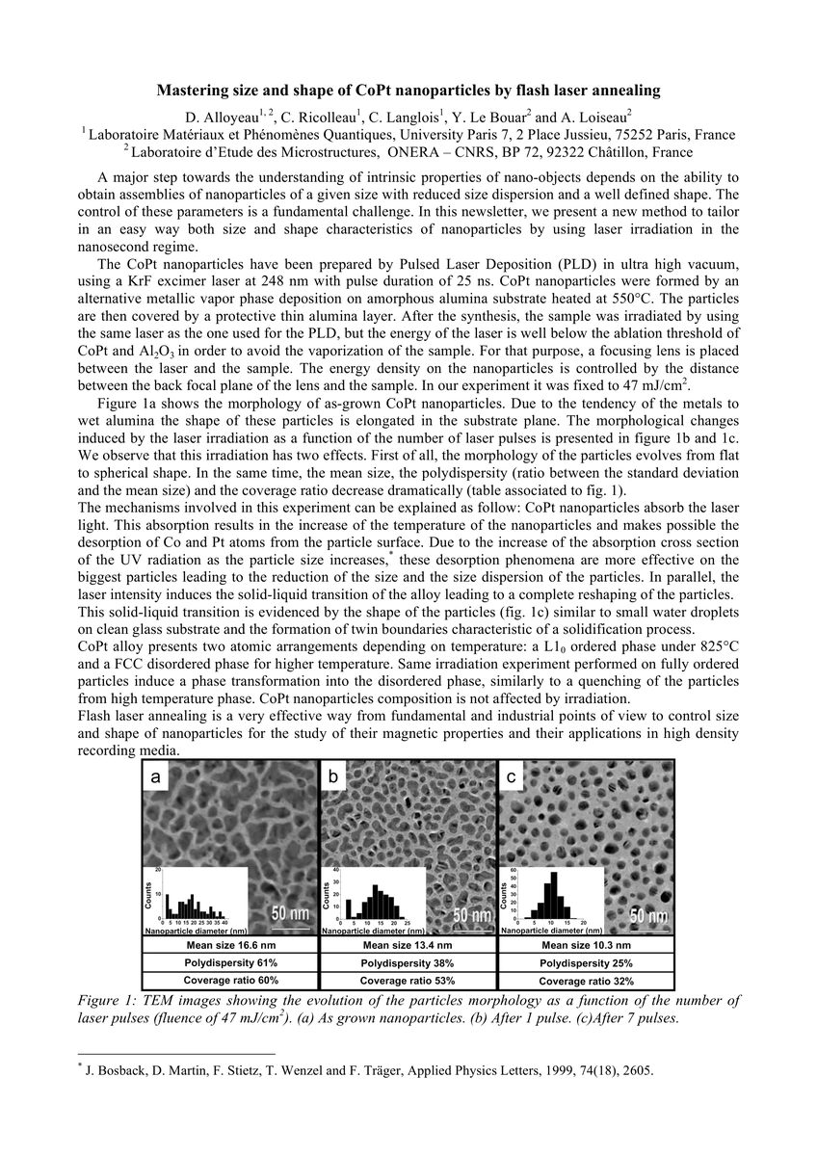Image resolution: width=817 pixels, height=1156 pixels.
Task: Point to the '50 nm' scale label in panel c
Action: click(x=648, y=916)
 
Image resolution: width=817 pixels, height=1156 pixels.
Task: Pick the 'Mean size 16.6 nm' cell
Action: click(x=230, y=945)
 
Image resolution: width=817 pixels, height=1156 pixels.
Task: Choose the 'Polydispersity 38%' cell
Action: click(x=408, y=962)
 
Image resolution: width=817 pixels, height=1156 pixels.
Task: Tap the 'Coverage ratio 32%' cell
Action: click(x=586, y=981)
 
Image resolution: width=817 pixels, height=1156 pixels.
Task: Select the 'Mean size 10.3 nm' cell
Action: click(x=586, y=945)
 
